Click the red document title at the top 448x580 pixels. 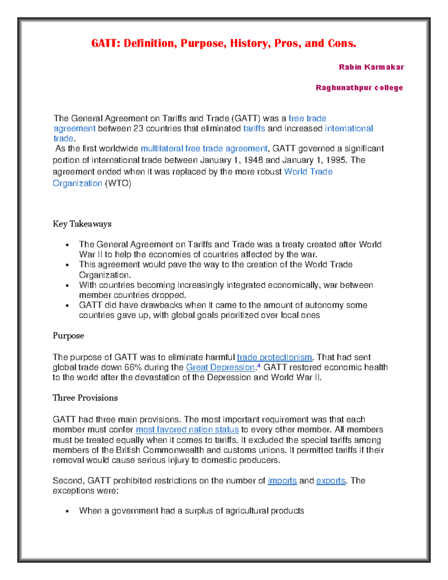(x=224, y=44)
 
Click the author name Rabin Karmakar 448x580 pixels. (x=371, y=67)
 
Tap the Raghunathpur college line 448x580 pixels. (x=359, y=88)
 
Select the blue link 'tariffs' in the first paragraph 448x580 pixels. (x=254, y=128)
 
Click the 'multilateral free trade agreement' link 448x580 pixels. (x=204, y=149)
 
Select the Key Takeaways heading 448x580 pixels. (x=82, y=224)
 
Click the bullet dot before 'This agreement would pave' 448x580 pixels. (x=67, y=265)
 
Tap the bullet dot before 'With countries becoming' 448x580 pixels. (x=67, y=286)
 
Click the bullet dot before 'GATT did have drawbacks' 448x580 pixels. (x=67, y=306)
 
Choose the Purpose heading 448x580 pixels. (x=68, y=336)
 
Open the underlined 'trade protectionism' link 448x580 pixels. (x=274, y=357)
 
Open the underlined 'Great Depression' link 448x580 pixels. (x=220, y=367)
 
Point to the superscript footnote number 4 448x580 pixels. (x=259, y=366)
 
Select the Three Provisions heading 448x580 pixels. (x=85, y=398)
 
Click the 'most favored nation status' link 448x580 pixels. (x=187, y=430)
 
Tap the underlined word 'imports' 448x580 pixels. (x=282, y=481)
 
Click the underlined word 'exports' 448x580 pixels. (x=331, y=481)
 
